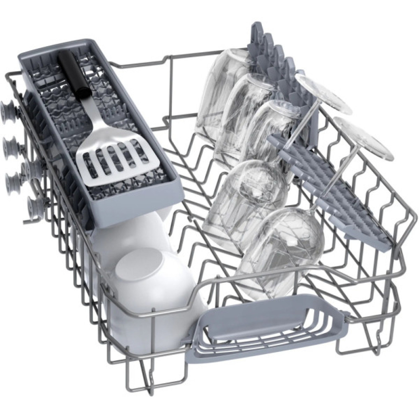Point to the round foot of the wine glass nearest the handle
coord(365,138)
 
